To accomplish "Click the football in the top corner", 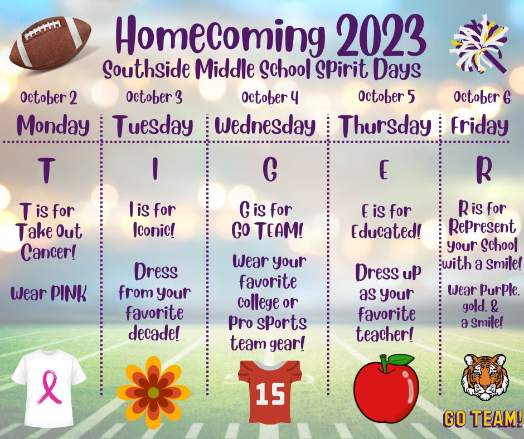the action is (x=51, y=43).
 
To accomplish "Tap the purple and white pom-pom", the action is (x=479, y=43).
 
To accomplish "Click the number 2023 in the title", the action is (x=381, y=36).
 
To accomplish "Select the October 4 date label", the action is (x=270, y=97).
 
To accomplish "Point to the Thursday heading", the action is (x=384, y=126).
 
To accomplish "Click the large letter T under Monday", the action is (x=46, y=170).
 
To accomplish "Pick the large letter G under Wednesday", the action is (x=270, y=169).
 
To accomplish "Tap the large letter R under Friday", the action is (x=483, y=170).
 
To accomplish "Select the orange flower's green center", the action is (x=153, y=393).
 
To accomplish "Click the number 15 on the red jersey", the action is (x=270, y=394).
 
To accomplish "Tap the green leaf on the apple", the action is (x=400, y=360).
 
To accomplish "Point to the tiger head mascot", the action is (x=484, y=377).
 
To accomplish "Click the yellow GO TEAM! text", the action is (x=483, y=419).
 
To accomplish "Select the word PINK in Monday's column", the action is (x=69, y=294).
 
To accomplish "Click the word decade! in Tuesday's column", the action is (x=154, y=333).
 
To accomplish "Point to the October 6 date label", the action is (x=482, y=97).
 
